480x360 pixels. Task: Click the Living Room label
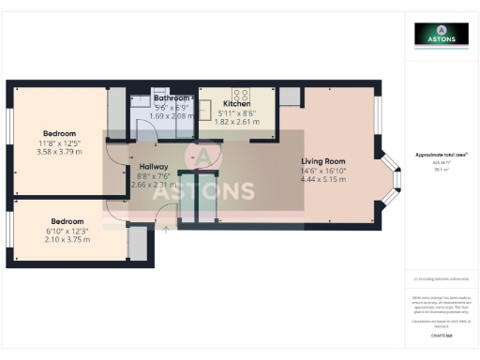coord(323,161)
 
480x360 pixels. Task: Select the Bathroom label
coord(172,97)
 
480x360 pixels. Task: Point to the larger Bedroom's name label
coord(58,133)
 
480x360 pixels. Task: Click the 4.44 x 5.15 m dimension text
coord(323,180)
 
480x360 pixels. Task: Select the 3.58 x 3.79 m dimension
coord(58,151)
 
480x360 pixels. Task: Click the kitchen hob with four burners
coord(240,95)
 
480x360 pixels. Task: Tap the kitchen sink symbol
coord(208,94)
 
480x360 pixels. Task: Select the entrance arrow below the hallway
coord(166,227)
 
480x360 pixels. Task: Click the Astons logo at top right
coord(442,35)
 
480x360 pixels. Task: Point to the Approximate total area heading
coord(442,154)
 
